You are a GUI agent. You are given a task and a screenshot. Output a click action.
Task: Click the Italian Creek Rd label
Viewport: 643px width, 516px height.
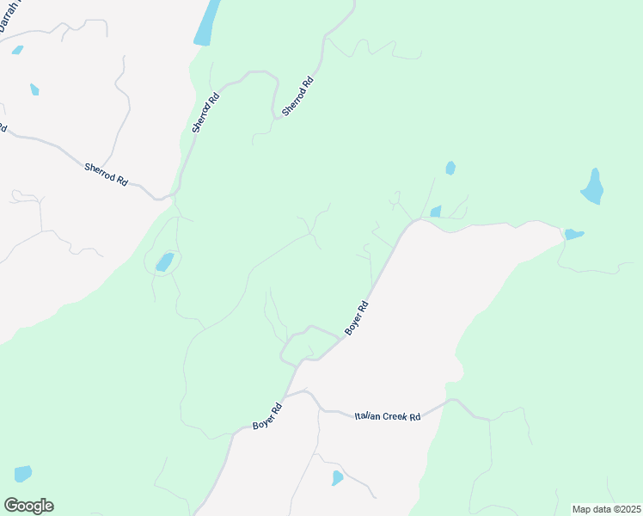coord(388,416)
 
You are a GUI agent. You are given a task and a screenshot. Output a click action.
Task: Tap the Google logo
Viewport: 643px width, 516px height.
coord(28,506)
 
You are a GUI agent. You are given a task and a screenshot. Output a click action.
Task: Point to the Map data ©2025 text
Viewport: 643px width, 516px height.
coord(606,509)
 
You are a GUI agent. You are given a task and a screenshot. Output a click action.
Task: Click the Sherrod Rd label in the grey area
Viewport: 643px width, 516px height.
coord(106,175)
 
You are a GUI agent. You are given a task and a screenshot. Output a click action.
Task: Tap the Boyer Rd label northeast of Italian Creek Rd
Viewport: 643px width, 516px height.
coord(357,317)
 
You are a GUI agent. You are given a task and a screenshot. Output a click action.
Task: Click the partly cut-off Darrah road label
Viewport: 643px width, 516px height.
coord(11,15)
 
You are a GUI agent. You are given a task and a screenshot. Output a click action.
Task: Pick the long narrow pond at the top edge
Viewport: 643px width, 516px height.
coord(206,23)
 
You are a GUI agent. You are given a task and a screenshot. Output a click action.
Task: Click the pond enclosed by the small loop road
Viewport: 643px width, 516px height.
coord(164,261)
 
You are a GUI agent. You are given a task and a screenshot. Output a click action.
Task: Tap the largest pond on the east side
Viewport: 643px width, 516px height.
coord(592,187)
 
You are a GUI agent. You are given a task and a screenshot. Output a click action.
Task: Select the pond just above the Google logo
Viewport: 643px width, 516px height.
coord(22,474)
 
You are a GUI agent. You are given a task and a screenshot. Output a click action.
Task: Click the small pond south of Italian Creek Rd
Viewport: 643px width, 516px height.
coord(337,477)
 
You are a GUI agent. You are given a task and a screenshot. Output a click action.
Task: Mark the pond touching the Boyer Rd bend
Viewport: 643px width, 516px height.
coord(435,212)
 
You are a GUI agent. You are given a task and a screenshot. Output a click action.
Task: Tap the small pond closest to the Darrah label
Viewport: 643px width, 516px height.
coord(17,50)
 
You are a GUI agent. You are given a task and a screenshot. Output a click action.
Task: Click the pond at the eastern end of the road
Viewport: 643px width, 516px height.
coord(573,234)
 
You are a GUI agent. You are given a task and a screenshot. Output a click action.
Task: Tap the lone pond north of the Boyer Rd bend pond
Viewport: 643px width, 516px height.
coord(450,168)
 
